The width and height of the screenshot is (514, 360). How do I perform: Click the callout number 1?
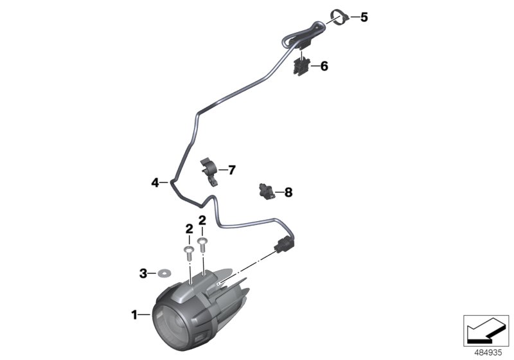pos(135,315)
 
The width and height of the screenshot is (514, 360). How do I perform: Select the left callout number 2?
pos(189,229)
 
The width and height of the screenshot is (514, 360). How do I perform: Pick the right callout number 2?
pos(203,221)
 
